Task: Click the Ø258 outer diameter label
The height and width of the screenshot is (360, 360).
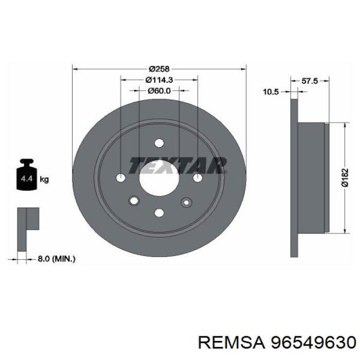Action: tap(159, 69)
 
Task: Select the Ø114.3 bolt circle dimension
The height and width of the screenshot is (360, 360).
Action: tap(159, 80)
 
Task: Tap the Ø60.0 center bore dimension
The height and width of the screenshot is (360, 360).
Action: tap(159, 91)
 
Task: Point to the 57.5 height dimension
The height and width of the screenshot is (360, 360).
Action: tap(310, 81)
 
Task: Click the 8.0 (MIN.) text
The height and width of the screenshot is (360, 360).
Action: tap(57, 259)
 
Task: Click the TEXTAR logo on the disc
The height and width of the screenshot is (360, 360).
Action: tap(177, 165)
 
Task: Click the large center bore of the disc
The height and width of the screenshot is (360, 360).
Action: tap(159, 178)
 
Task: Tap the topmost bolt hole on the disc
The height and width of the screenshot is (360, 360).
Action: tap(159, 143)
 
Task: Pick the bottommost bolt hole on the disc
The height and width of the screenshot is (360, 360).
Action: tap(159, 212)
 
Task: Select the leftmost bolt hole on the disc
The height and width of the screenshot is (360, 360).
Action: tap(121, 178)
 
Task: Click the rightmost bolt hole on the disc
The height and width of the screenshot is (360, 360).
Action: tap(197, 178)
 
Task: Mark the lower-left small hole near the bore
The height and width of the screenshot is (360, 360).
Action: tap(135, 201)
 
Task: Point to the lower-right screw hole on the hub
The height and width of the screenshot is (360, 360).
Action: tap(185, 202)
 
